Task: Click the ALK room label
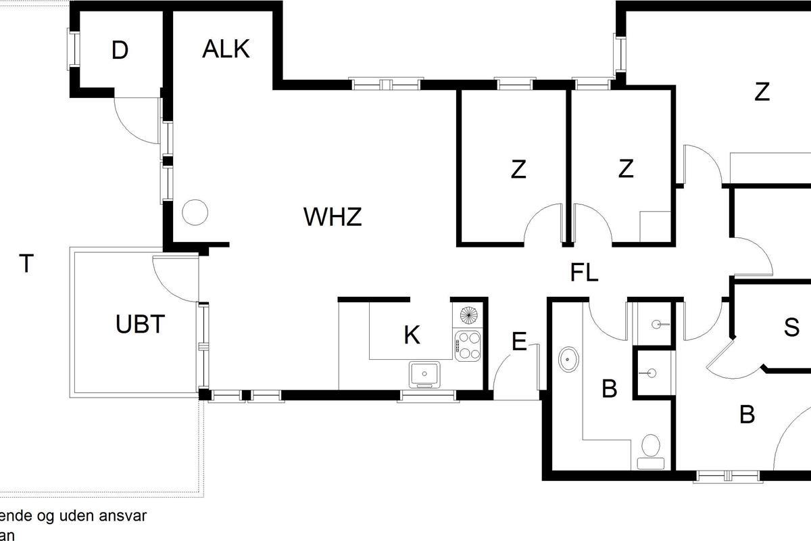point(226,49)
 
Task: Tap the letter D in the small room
point(120,51)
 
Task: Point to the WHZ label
point(333,218)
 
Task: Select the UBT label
point(140,325)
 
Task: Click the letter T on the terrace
point(26,264)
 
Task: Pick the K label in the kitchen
point(412,335)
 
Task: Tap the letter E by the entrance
point(519,342)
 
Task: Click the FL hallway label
point(585,274)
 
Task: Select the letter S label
point(791,327)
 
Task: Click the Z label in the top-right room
point(762,92)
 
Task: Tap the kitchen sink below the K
point(424,374)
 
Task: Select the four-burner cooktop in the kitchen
point(467,344)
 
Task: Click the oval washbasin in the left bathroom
point(568,358)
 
